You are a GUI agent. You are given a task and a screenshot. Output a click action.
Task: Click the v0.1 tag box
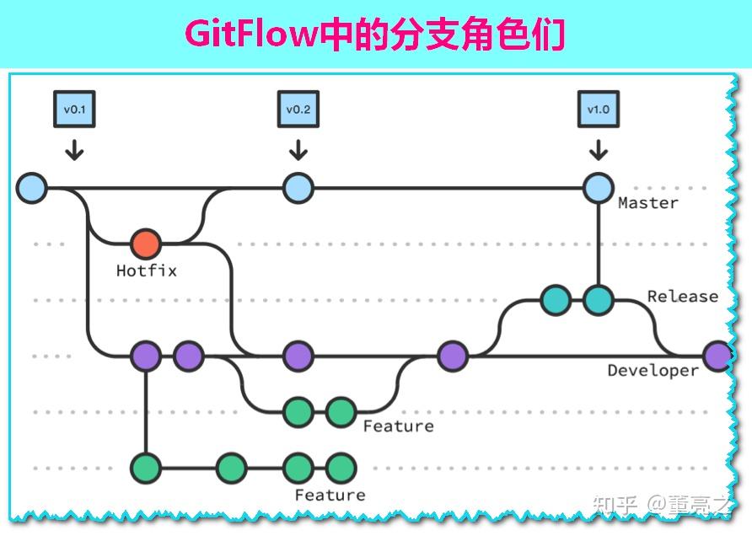[74, 110]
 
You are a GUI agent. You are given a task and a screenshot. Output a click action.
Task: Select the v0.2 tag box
[298, 110]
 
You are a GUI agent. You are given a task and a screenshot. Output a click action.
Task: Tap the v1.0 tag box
[599, 110]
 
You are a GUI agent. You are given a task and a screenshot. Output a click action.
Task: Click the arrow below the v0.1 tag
[74, 149]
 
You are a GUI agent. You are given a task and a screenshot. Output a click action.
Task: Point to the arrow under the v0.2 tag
[298, 149]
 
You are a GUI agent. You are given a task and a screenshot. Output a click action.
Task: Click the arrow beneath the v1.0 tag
[599, 149]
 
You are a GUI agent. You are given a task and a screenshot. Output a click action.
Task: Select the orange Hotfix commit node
[146, 244]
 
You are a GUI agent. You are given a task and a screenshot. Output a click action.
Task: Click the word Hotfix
[147, 271]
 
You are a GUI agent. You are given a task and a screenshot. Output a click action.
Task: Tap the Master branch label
[647, 203]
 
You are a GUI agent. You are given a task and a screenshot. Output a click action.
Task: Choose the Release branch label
[683, 297]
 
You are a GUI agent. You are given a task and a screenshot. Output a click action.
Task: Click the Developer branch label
[653, 371]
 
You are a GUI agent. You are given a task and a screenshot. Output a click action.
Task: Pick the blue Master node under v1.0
[599, 188]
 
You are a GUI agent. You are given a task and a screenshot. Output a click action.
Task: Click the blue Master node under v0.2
[298, 188]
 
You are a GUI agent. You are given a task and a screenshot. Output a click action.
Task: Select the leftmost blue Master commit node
[31, 188]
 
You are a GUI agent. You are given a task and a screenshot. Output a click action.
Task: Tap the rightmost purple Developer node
[717, 356]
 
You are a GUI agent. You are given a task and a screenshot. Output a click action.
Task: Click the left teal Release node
[555, 300]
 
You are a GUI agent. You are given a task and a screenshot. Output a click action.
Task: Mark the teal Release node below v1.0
[599, 300]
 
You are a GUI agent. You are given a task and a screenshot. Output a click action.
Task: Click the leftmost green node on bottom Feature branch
[146, 467]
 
